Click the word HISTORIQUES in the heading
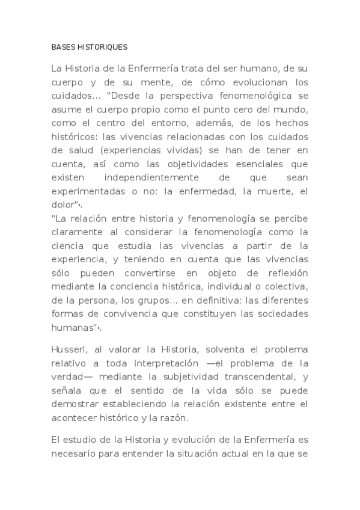106,46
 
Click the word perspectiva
186,96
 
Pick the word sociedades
281,313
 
